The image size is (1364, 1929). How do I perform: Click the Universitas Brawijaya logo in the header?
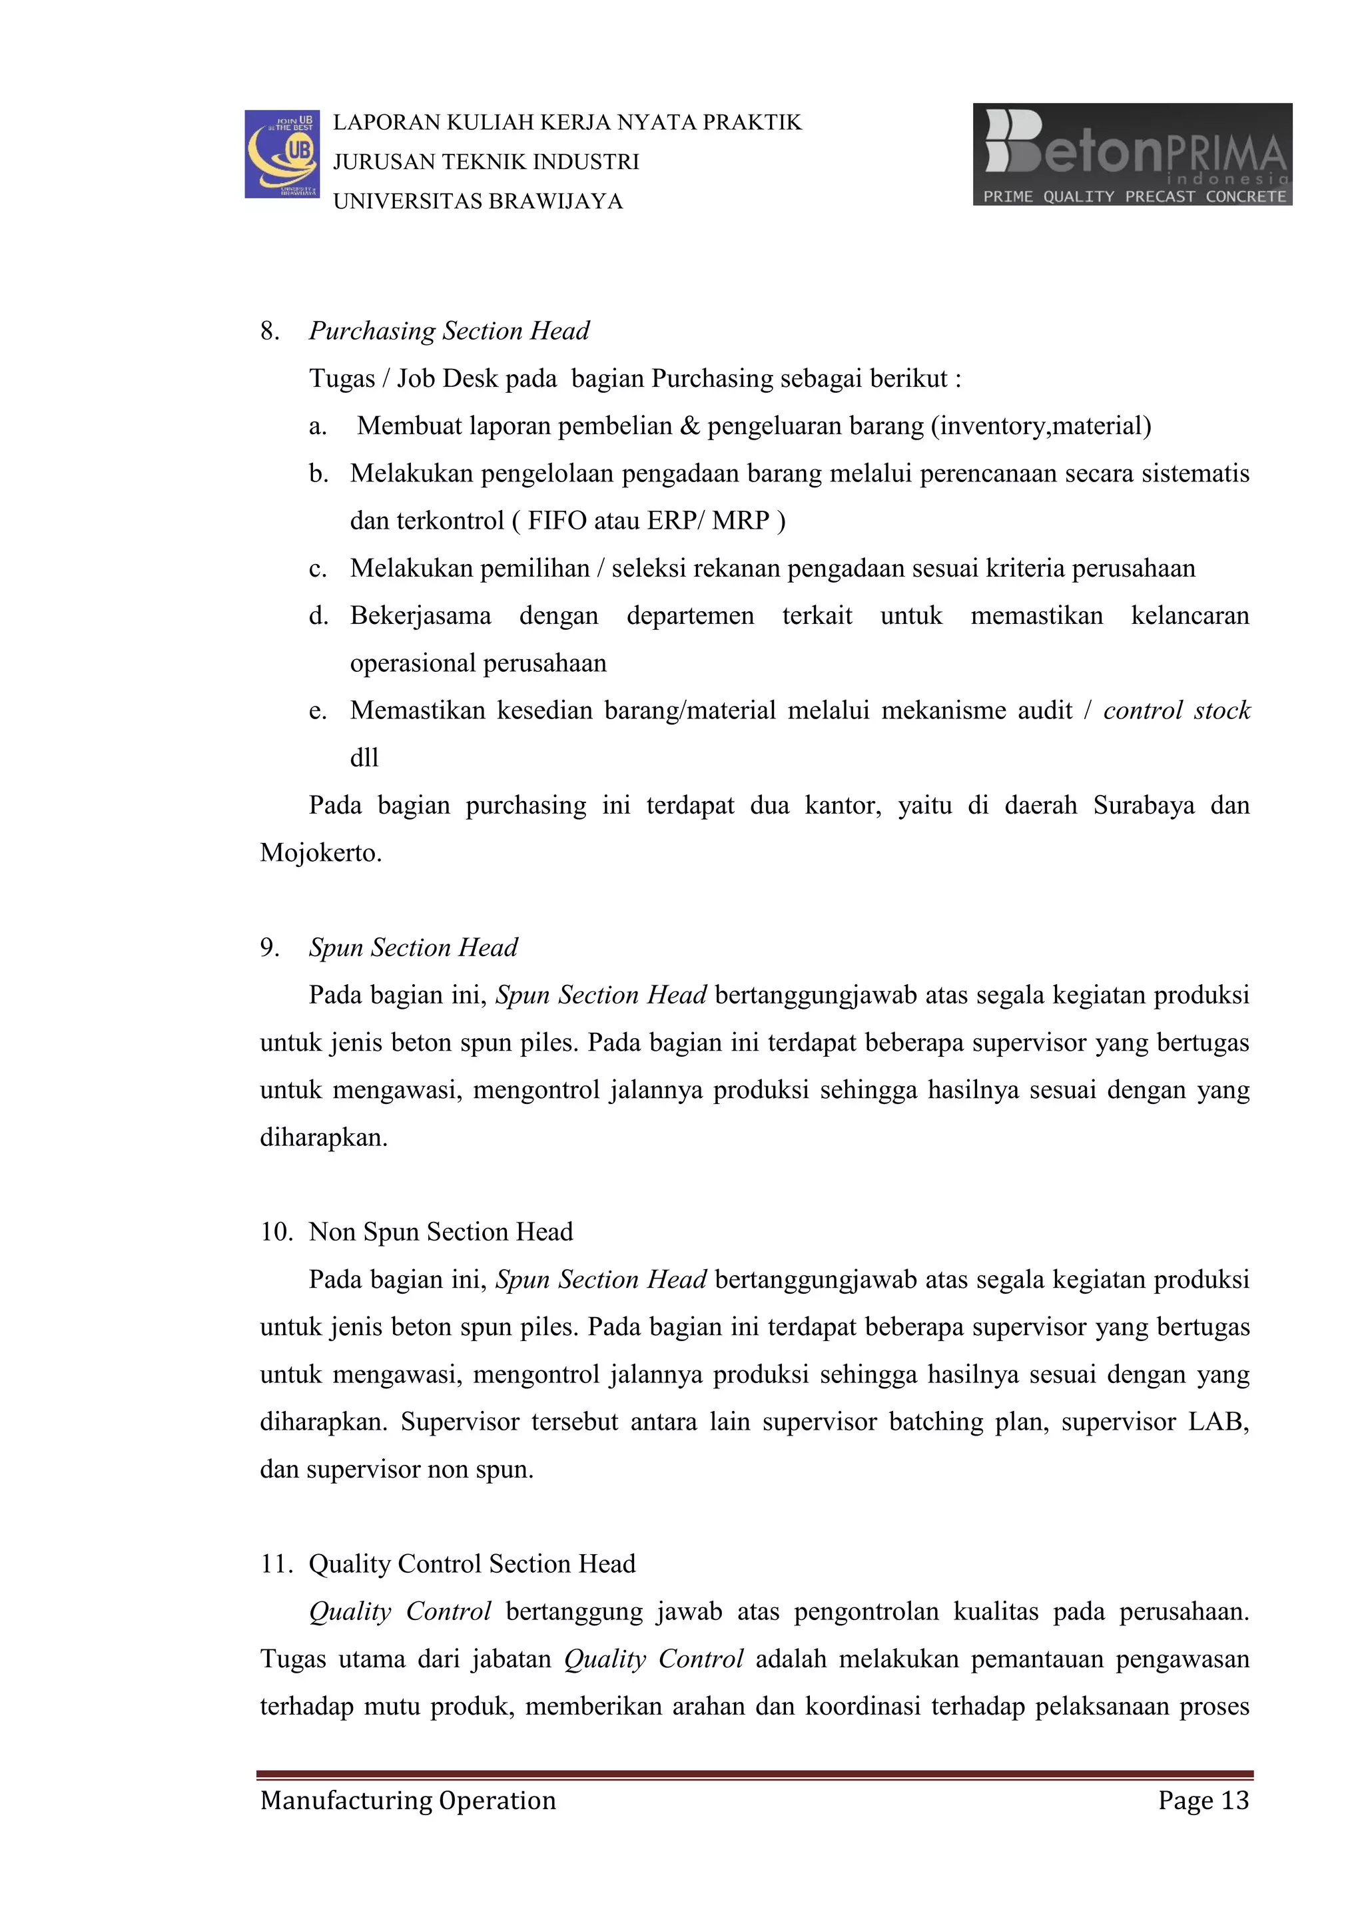(282, 154)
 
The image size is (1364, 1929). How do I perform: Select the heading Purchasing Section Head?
(449, 331)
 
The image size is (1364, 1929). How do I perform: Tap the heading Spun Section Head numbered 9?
(413, 948)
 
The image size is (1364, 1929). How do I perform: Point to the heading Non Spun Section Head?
(440, 1232)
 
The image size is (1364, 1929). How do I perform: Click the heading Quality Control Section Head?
(472, 1563)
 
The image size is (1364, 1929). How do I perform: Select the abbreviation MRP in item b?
(741, 521)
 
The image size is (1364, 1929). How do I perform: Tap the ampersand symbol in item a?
(689, 426)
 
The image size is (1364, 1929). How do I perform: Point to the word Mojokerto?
(320, 853)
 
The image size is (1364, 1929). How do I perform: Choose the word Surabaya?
(1142, 806)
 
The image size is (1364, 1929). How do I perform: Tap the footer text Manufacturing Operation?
(408, 1800)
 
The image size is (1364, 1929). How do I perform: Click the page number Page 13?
(1203, 1800)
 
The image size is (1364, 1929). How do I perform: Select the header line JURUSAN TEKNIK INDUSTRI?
(486, 162)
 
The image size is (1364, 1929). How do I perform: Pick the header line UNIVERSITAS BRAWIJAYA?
(478, 202)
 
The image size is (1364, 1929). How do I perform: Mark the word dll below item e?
(364, 758)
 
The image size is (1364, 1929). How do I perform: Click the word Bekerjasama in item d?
(420, 616)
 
